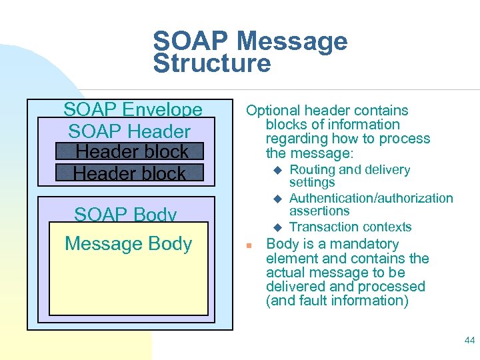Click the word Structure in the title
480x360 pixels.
(212, 63)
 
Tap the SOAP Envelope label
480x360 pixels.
(133, 109)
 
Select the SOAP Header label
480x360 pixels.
(129, 131)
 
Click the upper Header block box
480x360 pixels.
(129, 152)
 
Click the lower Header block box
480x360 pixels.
(129, 173)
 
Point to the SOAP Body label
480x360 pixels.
(125, 215)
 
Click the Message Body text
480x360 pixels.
(128, 244)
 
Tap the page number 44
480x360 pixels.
(469, 341)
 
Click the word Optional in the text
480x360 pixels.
(273, 111)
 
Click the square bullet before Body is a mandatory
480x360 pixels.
(248, 245)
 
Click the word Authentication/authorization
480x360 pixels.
(371, 199)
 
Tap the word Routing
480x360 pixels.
(313, 170)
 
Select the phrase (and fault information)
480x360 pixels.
(337, 301)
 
